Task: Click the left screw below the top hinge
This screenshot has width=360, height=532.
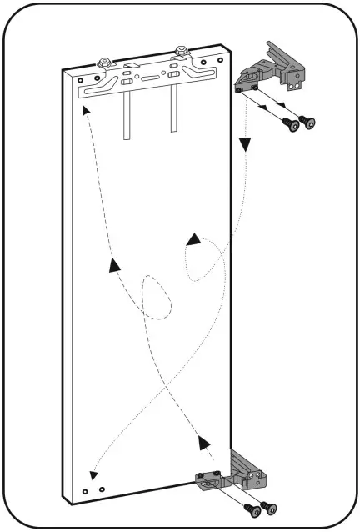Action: point(291,124)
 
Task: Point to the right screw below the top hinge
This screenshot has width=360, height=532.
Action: point(309,123)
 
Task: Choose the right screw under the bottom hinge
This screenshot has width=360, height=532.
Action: point(268,507)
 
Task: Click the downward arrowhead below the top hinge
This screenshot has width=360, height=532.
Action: point(245,144)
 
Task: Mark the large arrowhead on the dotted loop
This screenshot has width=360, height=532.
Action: point(193,240)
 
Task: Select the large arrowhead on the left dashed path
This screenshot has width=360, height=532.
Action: point(113,265)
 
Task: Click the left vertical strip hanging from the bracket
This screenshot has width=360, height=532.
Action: point(127,116)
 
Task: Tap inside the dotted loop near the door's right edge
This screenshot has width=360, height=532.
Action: point(200,263)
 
